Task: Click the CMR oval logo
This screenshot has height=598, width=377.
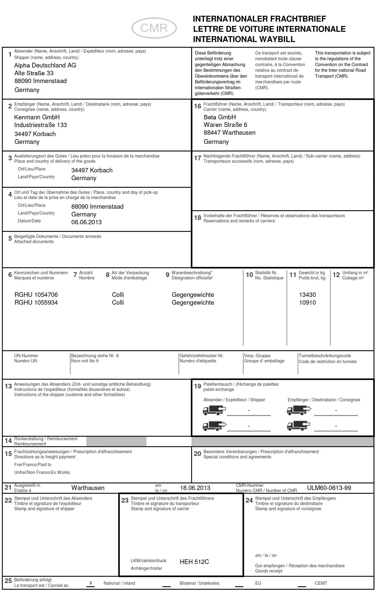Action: pyautogui.click(x=154, y=28)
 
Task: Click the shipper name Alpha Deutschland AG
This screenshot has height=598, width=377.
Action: pyautogui.click(x=45, y=65)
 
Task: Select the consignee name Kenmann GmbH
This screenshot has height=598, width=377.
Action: pyautogui.click(x=37, y=117)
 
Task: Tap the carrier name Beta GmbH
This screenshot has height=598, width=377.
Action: pyautogui.click(x=220, y=117)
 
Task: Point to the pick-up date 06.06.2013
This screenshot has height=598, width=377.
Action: pyautogui.click(x=86, y=222)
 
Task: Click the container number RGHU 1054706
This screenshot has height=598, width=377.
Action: pyautogui.click(x=36, y=295)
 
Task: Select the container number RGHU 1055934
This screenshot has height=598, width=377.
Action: pyautogui.click(x=36, y=302)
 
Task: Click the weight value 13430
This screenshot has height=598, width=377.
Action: pyautogui.click(x=307, y=295)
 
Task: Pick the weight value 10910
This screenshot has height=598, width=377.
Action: pyautogui.click(x=307, y=302)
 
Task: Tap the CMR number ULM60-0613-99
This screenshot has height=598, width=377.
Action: pyautogui.click(x=329, y=488)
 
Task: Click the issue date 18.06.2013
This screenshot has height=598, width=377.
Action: pyautogui.click(x=195, y=488)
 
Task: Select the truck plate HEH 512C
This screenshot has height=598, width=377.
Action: pyautogui.click(x=194, y=562)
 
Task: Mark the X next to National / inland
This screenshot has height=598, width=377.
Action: pyautogui.click(x=91, y=583)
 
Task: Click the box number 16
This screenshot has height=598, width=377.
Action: pyautogui.click(x=197, y=106)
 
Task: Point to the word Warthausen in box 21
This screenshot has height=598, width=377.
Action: pyautogui.click(x=88, y=488)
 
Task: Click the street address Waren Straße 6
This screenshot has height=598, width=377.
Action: pyautogui.click(x=225, y=125)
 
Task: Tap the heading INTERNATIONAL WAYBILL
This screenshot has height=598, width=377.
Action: pyautogui.click(x=244, y=39)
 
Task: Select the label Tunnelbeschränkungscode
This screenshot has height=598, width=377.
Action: pyautogui.click(x=325, y=356)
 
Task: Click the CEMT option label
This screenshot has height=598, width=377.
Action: pyautogui.click(x=321, y=583)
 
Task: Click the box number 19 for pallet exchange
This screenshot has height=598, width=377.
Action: pyautogui.click(x=197, y=386)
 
